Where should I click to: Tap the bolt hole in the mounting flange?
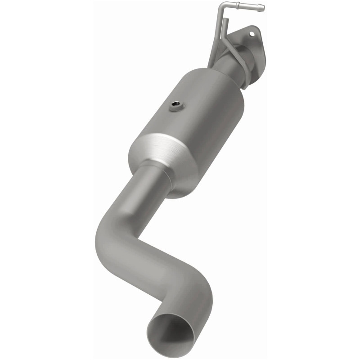coord(252,33)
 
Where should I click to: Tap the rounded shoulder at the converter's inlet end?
coord(225,85)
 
